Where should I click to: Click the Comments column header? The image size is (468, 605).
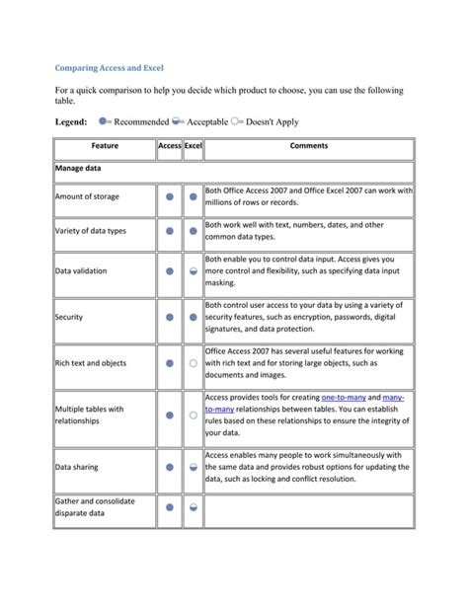click(308, 146)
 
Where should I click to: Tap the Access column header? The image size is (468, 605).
click(169, 146)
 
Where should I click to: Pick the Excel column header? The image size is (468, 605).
click(193, 146)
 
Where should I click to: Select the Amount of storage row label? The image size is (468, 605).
click(87, 197)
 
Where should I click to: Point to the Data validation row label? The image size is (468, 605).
click(81, 270)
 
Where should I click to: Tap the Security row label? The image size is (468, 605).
click(69, 318)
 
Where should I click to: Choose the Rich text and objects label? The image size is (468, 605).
click(91, 363)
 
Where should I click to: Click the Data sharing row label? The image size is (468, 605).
click(76, 467)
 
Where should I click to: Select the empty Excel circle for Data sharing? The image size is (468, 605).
click(194, 467)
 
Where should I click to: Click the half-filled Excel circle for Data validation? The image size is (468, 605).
click(194, 270)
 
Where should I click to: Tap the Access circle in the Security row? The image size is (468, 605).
click(170, 318)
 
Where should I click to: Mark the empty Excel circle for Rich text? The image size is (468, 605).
click(194, 363)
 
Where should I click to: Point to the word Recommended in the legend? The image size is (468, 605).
click(141, 121)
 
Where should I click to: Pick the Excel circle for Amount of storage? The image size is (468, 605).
click(194, 197)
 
